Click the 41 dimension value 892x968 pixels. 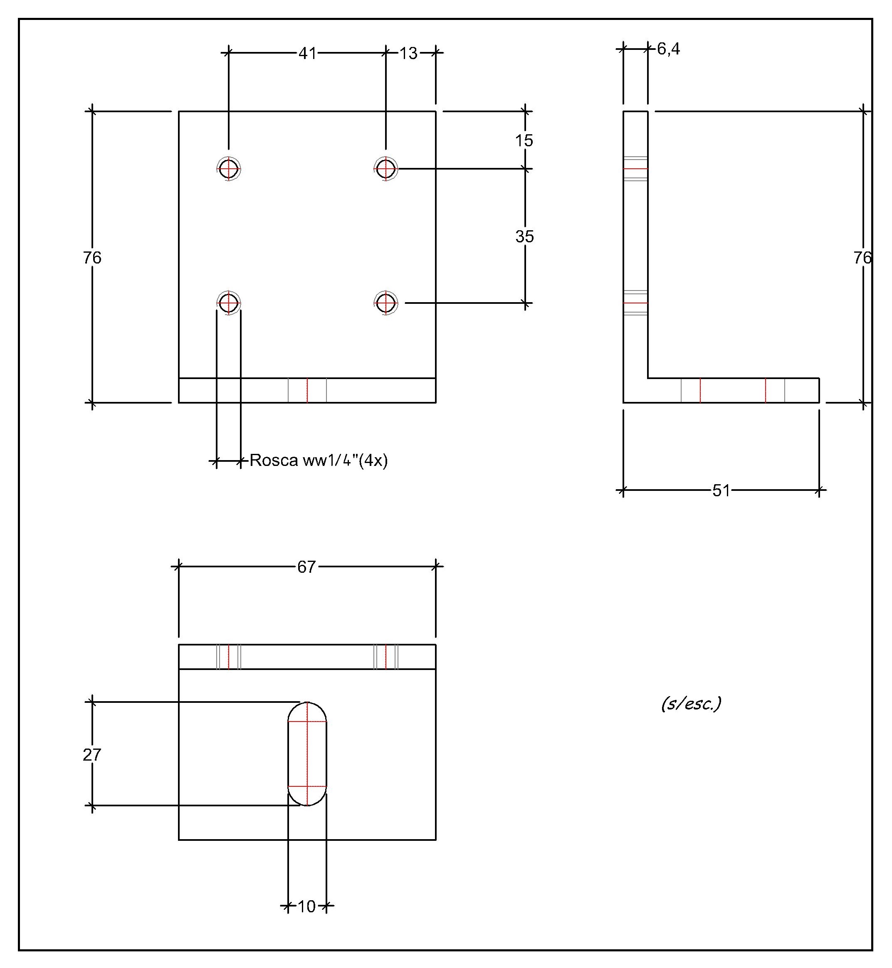click(307, 53)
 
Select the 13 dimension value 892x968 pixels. click(408, 53)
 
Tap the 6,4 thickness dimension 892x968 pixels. click(669, 49)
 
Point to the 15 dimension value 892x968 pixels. click(524, 140)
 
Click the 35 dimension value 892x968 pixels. click(524, 236)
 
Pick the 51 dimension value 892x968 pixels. click(721, 490)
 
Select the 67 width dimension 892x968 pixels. click(306, 567)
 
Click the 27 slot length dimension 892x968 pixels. click(92, 755)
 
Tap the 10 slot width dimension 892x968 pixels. click(306, 907)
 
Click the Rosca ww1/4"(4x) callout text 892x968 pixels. click(319, 461)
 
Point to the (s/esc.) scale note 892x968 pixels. click(691, 704)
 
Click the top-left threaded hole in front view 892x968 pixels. click(229, 169)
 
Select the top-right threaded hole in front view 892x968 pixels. click(385, 169)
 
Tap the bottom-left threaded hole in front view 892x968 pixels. click(229, 303)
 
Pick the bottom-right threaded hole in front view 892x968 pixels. click(385, 303)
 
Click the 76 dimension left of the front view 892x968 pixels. click(92, 258)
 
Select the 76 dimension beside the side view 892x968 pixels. click(862, 258)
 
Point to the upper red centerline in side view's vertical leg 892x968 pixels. click(635, 169)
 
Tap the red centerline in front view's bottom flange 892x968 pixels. click(307, 390)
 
